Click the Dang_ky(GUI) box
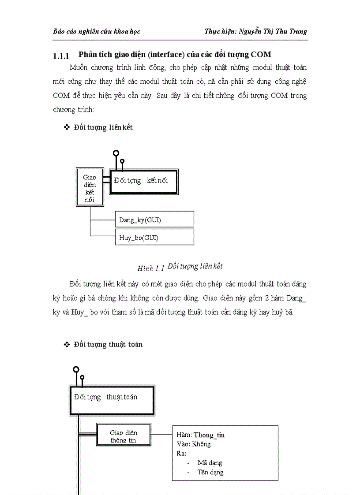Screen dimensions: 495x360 click(154, 219)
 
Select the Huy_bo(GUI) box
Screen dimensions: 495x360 click(154, 237)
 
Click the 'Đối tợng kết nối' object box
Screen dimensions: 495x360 click(143, 181)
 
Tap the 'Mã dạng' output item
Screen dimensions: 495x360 click(210, 463)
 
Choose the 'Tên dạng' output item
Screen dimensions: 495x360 click(210, 472)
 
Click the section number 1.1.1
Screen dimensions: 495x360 click(61, 56)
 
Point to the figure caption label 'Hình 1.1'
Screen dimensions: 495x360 click(151, 268)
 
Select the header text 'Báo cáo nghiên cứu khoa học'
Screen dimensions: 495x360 click(97, 31)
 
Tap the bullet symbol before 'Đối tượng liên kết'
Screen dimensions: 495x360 click(67, 127)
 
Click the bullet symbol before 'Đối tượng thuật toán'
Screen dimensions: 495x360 click(67, 344)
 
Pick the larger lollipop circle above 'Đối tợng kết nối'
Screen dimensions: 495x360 click(116, 153)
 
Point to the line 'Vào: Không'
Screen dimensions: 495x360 click(194, 444)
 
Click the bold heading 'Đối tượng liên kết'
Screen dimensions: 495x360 click(103, 127)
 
